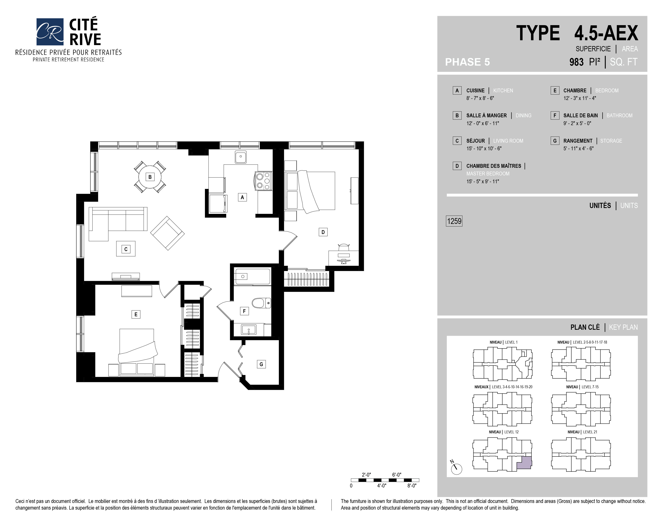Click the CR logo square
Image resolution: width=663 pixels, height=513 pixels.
[50, 32]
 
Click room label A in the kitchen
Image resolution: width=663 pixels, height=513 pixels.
[242, 197]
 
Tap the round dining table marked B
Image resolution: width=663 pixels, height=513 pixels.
[150, 177]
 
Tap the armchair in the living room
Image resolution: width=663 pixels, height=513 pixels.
[167, 233]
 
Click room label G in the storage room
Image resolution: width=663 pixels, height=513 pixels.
[261, 364]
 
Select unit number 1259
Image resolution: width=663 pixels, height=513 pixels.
[454, 221]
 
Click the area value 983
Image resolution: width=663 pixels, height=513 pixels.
[576, 62]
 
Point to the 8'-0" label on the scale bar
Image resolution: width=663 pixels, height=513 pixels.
[412, 486]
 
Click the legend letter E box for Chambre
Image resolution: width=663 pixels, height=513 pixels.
[555, 90]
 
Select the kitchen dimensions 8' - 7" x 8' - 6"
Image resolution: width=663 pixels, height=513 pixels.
[480, 98]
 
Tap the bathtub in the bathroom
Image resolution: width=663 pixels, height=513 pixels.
[253, 276]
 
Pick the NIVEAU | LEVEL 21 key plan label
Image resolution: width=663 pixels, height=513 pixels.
[582, 432]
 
